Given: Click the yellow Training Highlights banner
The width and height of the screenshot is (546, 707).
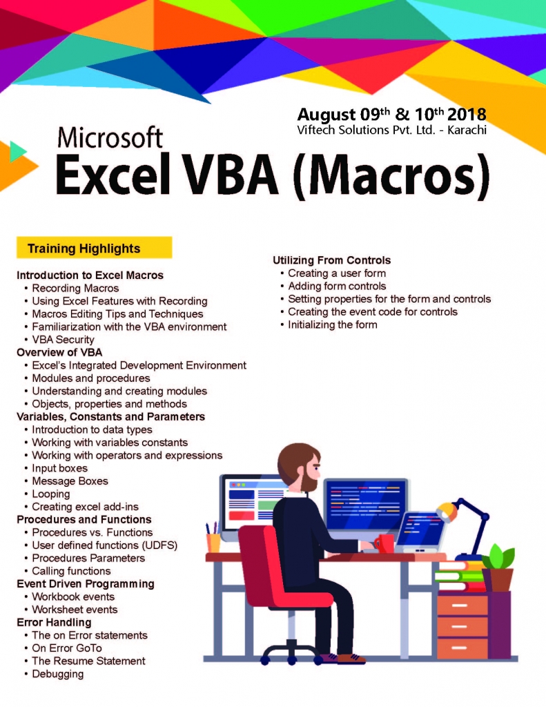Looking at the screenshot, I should click(94, 248).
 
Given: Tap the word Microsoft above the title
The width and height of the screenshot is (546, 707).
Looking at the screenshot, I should click(110, 138).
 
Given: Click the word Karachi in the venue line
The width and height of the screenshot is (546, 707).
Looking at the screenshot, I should click(465, 129).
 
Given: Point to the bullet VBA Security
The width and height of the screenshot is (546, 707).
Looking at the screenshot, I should click(63, 340).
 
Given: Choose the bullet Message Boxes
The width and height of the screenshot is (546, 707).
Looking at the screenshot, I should click(70, 481).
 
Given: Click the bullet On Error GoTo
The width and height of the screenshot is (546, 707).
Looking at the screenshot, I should click(66, 648).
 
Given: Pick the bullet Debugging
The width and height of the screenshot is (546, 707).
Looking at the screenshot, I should click(57, 674).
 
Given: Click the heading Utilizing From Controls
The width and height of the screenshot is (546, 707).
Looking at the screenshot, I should click(331, 260).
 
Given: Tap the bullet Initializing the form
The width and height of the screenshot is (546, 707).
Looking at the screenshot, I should click(332, 325).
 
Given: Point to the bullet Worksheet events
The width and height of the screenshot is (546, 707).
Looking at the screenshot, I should click(75, 610).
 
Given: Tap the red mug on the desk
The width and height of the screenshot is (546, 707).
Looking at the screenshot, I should click(385, 543).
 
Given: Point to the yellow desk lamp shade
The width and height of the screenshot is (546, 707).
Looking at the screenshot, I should click(447, 512).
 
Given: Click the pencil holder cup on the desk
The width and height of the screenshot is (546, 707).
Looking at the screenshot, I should click(214, 543).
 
